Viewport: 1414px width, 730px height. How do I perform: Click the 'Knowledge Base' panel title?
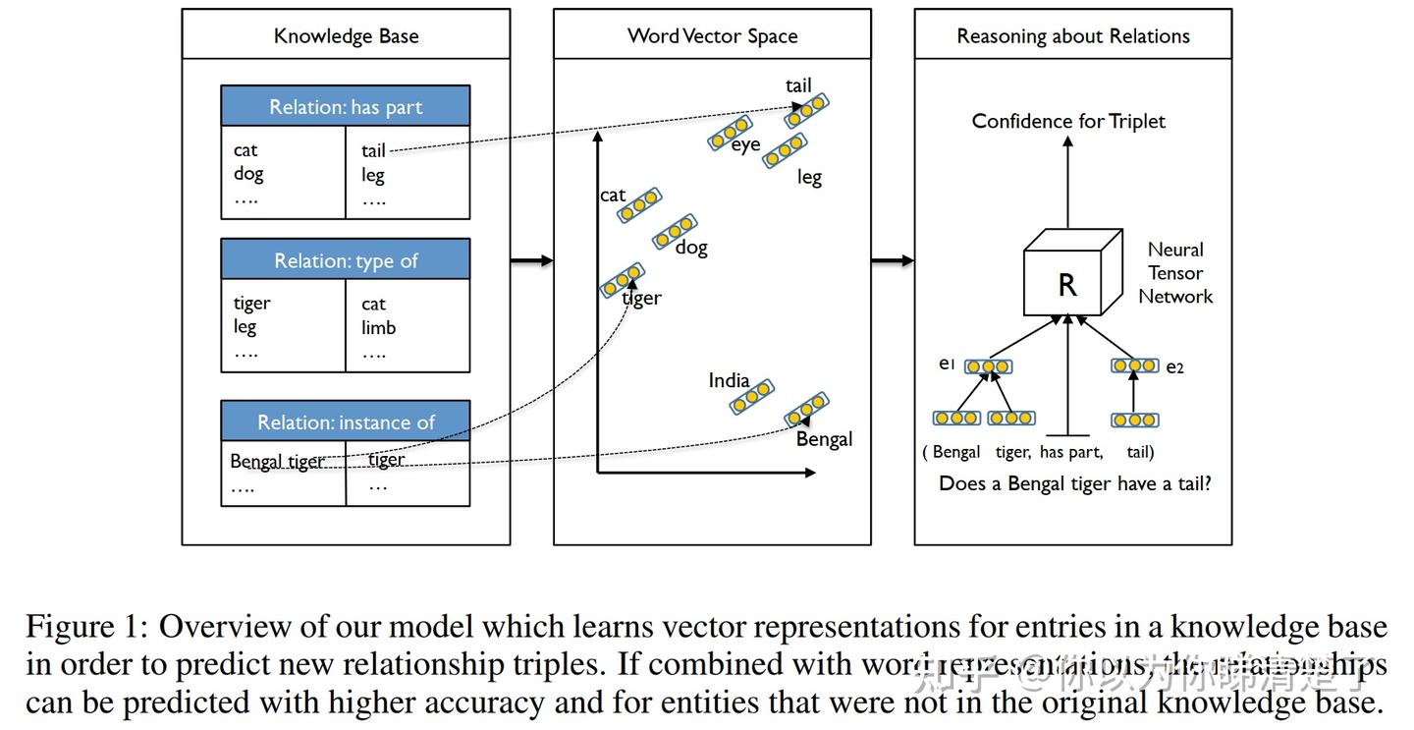(346, 36)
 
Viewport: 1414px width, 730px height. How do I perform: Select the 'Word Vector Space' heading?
(712, 36)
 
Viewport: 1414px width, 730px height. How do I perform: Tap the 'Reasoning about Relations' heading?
(1072, 36)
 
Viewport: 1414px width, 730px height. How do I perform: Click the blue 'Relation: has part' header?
(346, 107)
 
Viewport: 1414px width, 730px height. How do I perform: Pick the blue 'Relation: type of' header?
(346, 260)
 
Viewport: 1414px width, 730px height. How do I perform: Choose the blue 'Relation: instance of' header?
(346, 422)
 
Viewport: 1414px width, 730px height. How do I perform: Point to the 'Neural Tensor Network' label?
(1175, 273)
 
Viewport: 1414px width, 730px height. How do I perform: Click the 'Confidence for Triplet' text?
(1068, 121)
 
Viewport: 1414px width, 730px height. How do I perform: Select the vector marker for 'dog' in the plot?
(675, 232)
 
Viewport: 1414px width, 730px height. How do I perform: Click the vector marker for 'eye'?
(730, 133)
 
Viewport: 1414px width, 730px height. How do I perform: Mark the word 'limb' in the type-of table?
(378, 328)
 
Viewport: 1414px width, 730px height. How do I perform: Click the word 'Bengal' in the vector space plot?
(824, 439)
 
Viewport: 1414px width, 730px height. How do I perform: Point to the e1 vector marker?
(988, 366)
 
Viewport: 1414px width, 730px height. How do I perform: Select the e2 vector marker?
(1135, 365)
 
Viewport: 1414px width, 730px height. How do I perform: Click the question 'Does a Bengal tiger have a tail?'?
(1074, 483)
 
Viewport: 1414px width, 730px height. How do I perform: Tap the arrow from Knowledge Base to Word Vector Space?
(531, 260)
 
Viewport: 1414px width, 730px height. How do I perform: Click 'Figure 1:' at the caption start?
(86, 626)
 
